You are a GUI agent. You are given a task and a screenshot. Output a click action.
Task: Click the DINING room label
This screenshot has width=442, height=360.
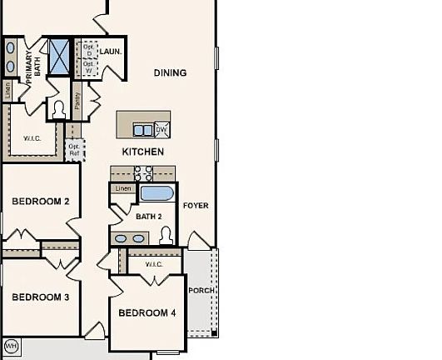pyautogui.click(x=170, y=73)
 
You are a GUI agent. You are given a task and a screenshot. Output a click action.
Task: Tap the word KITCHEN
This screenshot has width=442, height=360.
pyautogui.click(x=143, y=152)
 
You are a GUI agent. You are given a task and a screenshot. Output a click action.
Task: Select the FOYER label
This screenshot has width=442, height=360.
pyautogui.click(x=196, y=205)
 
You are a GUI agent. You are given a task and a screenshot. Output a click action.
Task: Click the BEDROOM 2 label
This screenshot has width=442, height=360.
pyautogui.click(x=41, y=202)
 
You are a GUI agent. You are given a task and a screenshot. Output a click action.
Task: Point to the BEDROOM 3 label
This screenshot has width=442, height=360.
pyautogui.click(x=41, y=297)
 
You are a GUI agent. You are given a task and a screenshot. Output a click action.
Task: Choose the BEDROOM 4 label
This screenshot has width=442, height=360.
pyautogui.click(x=147, y=313)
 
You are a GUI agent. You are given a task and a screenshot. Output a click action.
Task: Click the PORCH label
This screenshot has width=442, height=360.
pyautogui.click(x=201, y=291)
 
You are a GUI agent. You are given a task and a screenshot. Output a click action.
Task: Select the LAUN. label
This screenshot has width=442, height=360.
pyautogui.click(x=111, y=52)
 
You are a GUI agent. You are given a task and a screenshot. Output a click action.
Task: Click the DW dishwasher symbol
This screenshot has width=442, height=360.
pyautogui.click(x=161, y=129)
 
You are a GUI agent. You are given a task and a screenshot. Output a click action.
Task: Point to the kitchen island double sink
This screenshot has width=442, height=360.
pyautogui.click(x=143, y=130)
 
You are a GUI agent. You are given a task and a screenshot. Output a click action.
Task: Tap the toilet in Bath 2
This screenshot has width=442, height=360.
pyautogui.click(x=166, y=234)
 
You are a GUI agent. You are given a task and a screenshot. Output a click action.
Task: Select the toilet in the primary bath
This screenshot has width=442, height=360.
pyautogui.click(x=58, y=108)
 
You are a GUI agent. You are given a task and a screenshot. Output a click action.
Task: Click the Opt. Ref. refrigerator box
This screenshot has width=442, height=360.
pyautogui.click(x=75, y=151)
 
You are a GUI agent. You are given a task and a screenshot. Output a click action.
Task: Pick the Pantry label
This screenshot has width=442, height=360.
pyautogui.click(x=77, y=102)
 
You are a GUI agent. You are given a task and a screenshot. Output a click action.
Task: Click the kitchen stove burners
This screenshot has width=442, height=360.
pyautogui.click(x=143, y=173)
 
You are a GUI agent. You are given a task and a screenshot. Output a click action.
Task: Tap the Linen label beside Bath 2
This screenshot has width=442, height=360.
pyautogui.click(x=123, y=188)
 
